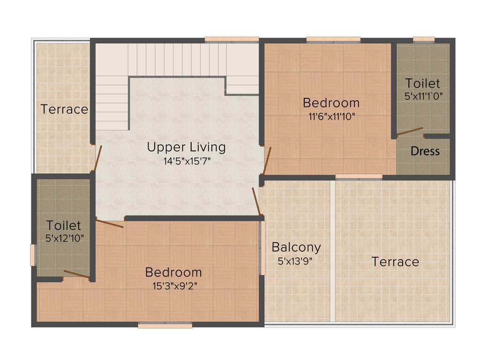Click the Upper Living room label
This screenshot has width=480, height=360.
point(186,147)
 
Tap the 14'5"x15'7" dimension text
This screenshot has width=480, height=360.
point(186,161)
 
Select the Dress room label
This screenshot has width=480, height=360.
point(425,151)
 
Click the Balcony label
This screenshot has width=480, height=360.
point(296,247)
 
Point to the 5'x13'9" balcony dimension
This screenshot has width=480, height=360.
point(295,262)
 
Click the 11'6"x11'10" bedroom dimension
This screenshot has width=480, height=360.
point(331,117)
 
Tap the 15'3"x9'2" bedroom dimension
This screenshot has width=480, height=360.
point(173,286)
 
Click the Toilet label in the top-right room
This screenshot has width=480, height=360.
point(423,83)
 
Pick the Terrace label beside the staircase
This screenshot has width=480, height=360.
point(64,109)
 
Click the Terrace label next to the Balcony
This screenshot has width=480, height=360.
point(395,262)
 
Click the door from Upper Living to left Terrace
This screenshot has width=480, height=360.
point(97,158)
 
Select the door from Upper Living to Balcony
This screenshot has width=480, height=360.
point(256,202)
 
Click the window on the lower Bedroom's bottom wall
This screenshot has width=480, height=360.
point(165,325)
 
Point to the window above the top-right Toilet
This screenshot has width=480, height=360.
point(423,39)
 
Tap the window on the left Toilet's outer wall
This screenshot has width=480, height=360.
point(33,255)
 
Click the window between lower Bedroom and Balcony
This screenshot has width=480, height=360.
point(262,247)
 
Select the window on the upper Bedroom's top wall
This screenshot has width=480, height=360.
point(333,39)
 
